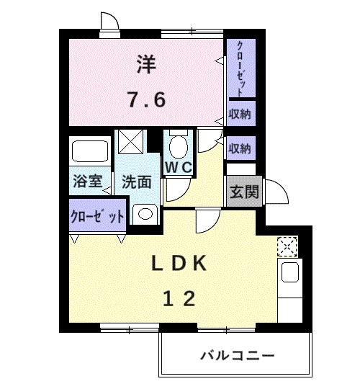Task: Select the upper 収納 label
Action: coord(240,114)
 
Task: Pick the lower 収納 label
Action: coord(240,148)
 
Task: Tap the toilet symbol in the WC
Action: coord(176,146)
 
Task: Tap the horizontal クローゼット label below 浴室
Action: coord(97,216)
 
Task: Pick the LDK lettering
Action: coord(178,264)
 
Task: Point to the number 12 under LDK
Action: coord(178,298)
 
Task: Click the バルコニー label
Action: coord(237,356)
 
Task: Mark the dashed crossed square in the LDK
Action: coord(287,246)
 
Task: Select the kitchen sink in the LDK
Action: coord(289,272)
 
